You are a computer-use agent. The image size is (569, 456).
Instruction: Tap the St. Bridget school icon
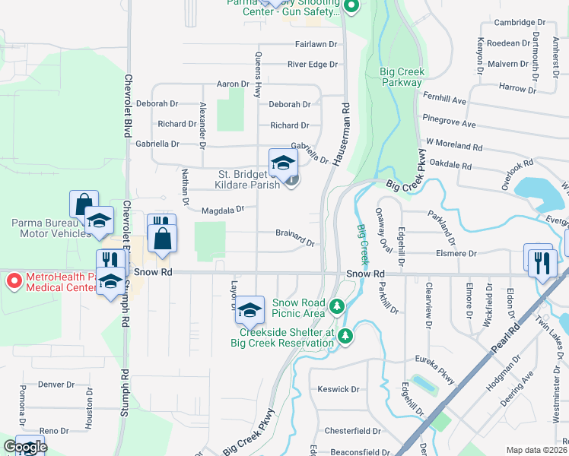point(283,162)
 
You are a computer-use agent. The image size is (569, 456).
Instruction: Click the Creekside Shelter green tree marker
point(345,334)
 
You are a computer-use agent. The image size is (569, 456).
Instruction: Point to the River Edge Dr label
point(312,65)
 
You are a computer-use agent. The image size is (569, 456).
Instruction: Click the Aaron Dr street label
point(234,84)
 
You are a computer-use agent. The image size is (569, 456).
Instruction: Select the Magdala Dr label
point(222,210)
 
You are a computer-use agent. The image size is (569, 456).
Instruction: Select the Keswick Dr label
point(339,389)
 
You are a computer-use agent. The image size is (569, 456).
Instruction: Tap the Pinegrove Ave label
point(450,124)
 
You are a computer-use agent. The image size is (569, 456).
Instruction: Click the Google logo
point(24,447)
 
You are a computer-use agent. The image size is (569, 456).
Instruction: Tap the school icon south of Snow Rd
point(249,310)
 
